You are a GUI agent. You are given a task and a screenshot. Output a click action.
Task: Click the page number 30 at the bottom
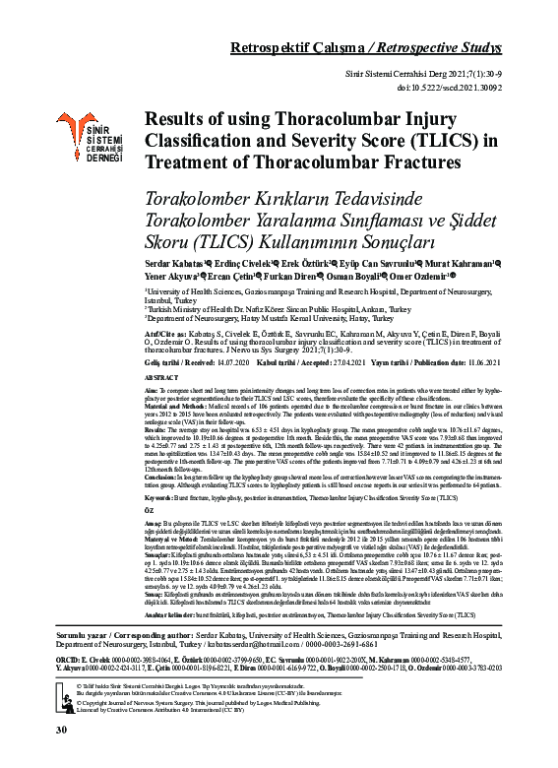coord(61,757)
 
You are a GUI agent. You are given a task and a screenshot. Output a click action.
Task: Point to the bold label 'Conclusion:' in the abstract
coord(162,477)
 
